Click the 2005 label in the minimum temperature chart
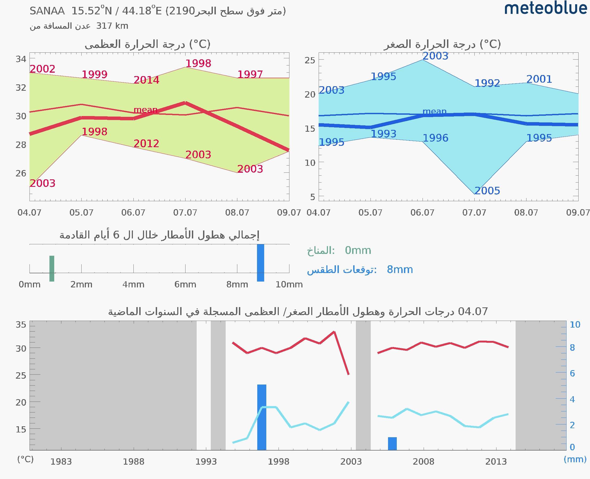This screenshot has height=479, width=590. coord(487,191)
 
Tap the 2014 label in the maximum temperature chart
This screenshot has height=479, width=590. coord(146,80)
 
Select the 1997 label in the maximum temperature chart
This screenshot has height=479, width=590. coord(250,74)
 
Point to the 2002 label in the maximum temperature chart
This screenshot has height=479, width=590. coord(43,69)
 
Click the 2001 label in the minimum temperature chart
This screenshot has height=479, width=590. coord(539,79)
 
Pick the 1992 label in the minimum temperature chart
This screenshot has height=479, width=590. coord(487,83)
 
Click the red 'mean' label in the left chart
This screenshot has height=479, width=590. coord(145,110)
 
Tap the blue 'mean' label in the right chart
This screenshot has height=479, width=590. coord(434,111)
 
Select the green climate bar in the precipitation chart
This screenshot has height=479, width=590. coord(52,269)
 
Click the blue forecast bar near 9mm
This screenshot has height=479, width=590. coord(260,263)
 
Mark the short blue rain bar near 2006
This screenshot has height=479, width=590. coord(392,443)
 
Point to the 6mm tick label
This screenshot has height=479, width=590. coord(185,284)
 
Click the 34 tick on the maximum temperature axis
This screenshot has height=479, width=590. coord(21,59)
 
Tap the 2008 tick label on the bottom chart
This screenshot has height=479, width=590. coord(423,462)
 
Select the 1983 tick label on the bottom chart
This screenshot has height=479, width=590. coord(61,462)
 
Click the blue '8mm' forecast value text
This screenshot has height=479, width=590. coord(400,270)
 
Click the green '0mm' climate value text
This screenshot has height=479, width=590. coord(358,250)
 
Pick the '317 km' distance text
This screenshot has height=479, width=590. coord(112,26)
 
